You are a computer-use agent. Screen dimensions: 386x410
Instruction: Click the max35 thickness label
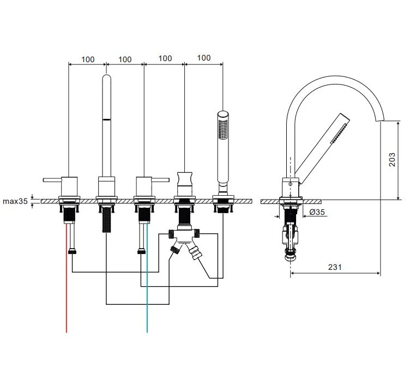(x=15, y=201)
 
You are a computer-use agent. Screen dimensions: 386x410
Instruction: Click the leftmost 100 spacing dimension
(x=88, y=58)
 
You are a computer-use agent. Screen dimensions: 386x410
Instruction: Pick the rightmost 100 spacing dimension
(x=203, y=58)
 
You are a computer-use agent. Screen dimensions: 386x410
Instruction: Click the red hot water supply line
(x=67, y=294)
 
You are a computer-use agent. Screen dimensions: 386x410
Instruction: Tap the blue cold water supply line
(x=146, y=294)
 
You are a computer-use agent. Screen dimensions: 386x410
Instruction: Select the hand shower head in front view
(x=222, y=128)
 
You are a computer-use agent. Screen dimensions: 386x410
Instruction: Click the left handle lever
(x=53, y=179)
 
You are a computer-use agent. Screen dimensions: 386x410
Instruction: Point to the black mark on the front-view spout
(x=107, y=118)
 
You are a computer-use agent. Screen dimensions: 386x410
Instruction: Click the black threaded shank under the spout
(x=106, y=221)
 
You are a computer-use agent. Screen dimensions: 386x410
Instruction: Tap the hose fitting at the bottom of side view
(x=291, y=253)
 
